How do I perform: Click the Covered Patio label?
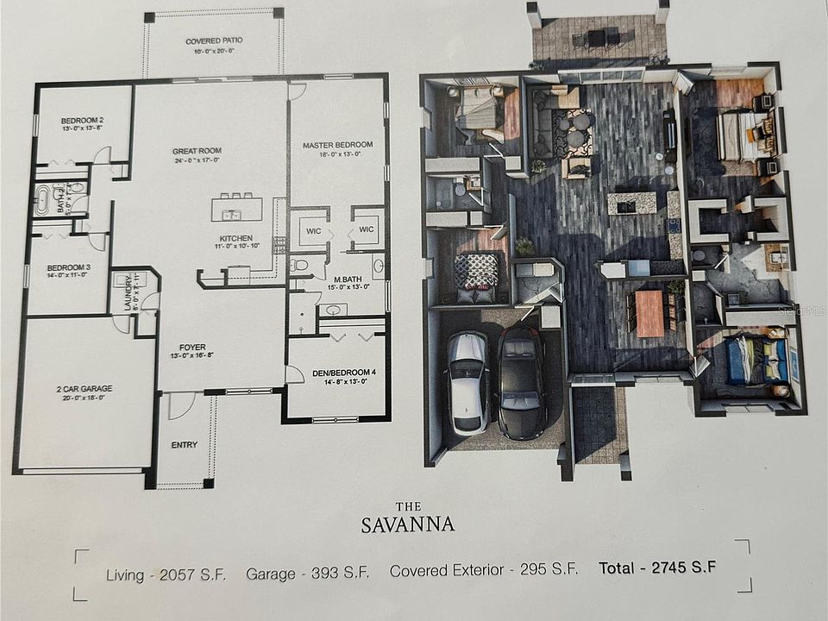tap(214, 41)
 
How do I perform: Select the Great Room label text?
tap(197, 151)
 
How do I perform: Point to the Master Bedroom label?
tap(337, 144)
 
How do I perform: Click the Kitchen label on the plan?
tap(235, 238)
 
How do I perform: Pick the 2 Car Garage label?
tap(85, 389)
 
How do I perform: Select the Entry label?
tap(184, 445)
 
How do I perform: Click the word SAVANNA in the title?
tap(408, 524)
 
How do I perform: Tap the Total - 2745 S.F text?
tap(658, 569)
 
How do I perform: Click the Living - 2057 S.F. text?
tap(166, 573)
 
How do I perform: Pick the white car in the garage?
tap(467, 382)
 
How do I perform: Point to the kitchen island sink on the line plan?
tap(230, 214)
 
